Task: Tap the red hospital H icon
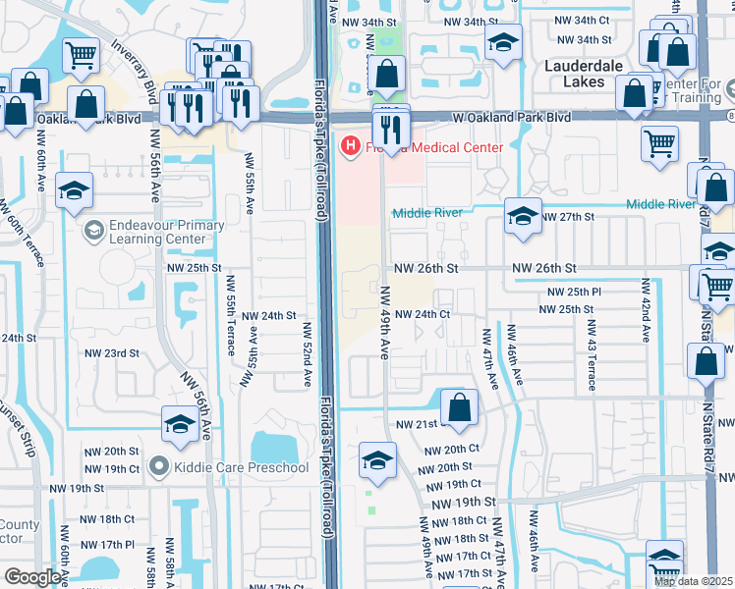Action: [x=348, y=147]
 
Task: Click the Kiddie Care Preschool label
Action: [x=240, y=466]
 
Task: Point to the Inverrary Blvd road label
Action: [x=135, y=66]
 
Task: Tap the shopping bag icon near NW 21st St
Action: [x=459, y=407]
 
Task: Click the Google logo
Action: [x=32, y=577]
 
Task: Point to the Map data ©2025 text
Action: [x=694, y=581]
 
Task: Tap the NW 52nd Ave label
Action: [x=307, y=353]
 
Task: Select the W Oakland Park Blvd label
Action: [x=511, y=116]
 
